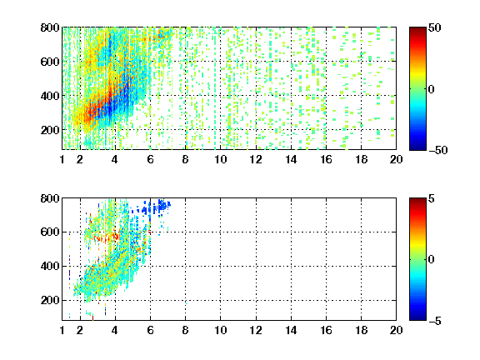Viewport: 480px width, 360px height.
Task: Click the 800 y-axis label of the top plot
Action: click(x=50, y=27)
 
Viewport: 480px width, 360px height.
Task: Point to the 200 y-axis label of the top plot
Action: click(x=50, y=130)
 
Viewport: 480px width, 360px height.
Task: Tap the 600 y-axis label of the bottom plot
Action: click(x=50, y=232)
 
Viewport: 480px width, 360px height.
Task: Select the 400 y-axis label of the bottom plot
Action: click(x=50, y=266)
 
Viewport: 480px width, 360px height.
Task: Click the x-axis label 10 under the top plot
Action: click(x=220, y=159)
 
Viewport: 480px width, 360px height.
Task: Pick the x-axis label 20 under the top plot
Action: click(x=396, y=159)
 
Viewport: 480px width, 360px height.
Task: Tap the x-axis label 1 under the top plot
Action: click(x=62, y=159)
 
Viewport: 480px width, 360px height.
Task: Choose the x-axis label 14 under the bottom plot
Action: click(x=291, y=330)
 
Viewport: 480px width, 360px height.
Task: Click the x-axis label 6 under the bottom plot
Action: click(x=150, y=330)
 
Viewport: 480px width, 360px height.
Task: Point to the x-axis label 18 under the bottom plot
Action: click(x=361, y=330)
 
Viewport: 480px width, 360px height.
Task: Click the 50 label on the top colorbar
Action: click(x=435, y=27)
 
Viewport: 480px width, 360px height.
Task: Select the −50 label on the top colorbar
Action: click(x=438, y=150)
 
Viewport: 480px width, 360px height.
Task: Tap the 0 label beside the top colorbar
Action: click(x=432, y=89)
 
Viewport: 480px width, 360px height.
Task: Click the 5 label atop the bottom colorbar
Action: click(x=432, y=198)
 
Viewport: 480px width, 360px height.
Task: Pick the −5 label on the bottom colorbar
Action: click(x=435, y=321)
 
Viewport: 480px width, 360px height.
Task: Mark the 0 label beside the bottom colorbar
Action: click(x=432, y=260)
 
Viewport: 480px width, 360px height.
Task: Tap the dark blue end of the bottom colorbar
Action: click(x=417, y=317)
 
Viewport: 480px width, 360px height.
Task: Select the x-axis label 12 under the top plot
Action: click(x=256, y=159)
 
